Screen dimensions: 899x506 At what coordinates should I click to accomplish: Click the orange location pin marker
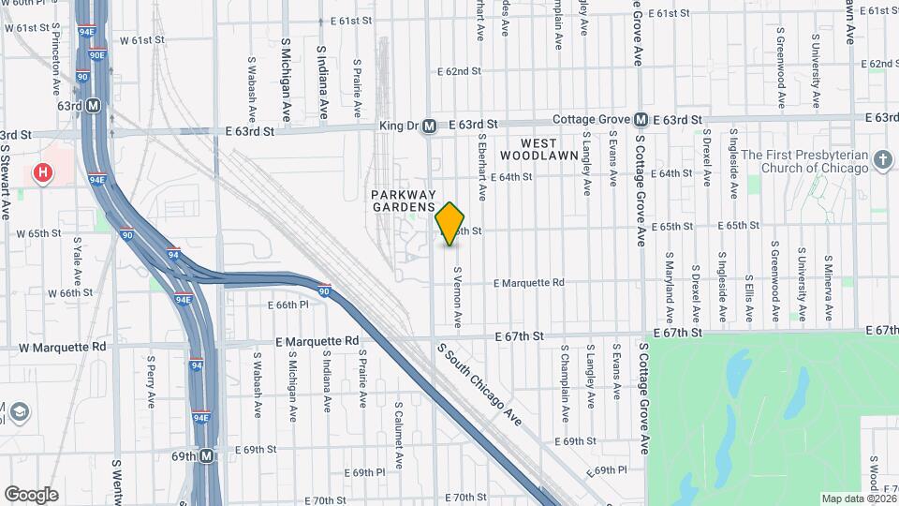[x=450, y=223]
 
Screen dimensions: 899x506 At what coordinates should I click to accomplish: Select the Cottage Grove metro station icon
[x=641, y=120]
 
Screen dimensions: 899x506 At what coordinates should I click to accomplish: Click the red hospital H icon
[x=42, y=172]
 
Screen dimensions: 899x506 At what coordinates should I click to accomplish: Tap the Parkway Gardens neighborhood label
[x=404, y=200]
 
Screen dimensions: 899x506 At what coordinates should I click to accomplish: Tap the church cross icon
[x=883, y=160]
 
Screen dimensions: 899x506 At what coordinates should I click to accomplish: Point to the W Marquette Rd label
[x=62, y=347]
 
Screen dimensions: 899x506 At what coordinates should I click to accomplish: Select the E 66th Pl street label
[x=287, y=305]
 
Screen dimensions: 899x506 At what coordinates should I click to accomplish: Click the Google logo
[x=31, y=494]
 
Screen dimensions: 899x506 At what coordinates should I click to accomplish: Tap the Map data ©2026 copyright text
[x=858, y=499]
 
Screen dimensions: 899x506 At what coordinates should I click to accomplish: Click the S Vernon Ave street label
[x=458, y=297]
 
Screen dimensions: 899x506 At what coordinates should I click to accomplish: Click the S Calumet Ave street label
[x=397, y=434]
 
